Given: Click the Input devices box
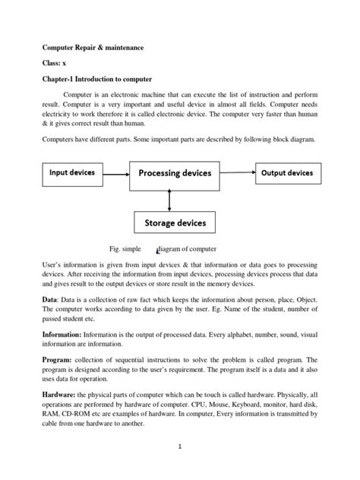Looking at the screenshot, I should coord(72,173).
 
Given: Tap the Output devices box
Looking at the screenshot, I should coord(286,173).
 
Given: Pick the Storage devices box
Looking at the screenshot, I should coord(175,223).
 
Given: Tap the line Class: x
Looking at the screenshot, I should coord(54,63).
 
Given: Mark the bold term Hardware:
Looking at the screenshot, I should coord(64,394).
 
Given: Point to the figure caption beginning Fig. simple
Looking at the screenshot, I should coord(163,248).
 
